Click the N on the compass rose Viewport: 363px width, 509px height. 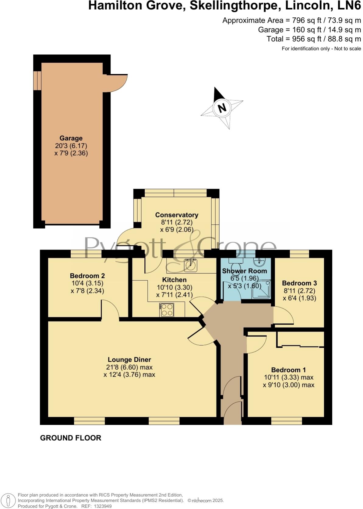(222, 108)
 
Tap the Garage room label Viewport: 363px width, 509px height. (71, 138)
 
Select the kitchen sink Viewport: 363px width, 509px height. (191, 265)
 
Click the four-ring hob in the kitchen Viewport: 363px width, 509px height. (167, 310)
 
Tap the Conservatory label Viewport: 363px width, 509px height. (177, 215)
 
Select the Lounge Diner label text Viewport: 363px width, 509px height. (129, 360)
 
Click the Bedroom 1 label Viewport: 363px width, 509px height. (288, 370)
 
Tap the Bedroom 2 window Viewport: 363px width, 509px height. (86, 254)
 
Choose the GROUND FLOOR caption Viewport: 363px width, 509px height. (71, 438)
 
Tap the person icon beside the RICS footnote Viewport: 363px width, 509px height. (9, 500)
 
